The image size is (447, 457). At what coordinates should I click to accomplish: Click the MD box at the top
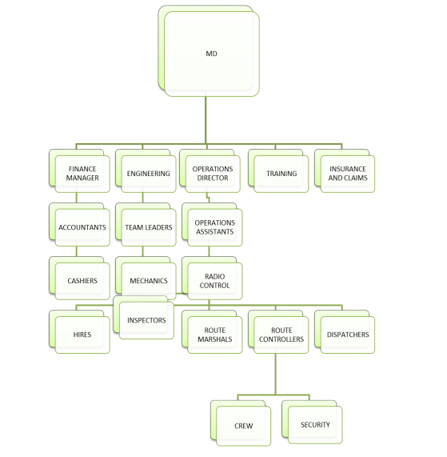pos(209,51)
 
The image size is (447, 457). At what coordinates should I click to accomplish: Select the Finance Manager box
pos(79,171)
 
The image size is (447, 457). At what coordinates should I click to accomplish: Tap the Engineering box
pos(146,171)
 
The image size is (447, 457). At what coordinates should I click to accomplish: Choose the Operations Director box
pos(210,171)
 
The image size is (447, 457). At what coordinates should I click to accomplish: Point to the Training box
pos(278,171)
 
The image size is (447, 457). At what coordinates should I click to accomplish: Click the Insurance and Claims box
pos(345,171)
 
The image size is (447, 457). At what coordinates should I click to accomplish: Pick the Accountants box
pos(79,225)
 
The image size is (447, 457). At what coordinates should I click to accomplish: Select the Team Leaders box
pos(146,225)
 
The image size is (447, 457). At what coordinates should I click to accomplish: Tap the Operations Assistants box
pos(212,225)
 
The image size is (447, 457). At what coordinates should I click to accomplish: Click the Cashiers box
pos(79,279)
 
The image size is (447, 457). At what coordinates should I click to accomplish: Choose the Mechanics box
pos(146,277)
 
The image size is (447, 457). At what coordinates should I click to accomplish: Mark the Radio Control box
pos(212,279)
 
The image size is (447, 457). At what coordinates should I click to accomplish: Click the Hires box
pos(79,332)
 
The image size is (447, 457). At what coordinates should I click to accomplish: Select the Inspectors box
pos(144,318)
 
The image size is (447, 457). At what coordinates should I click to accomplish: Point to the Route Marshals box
pos(212,332)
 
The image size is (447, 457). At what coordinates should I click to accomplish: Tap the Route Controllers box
pos(278,332)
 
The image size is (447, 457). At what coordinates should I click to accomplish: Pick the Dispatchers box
pos(345,332)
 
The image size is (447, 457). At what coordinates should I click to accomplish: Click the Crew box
pos(241,423)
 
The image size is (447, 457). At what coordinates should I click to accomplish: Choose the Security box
pos(312,422)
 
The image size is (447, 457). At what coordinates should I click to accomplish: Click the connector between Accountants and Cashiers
pos(77,251)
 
